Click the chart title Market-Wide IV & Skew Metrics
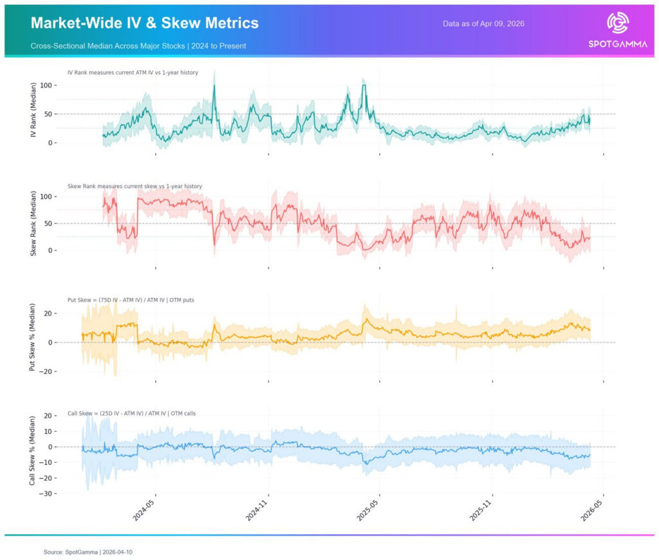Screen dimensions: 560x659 click(x=145, y=23)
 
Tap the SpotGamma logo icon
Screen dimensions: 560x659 click(x=618, y=23)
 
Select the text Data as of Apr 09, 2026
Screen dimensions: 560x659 click(x=483, y=24)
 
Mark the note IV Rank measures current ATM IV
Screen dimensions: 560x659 click(x=133, y=73)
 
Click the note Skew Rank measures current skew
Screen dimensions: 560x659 click(x=135, y=186)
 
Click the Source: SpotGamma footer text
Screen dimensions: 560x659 click(x=88, y=552)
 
